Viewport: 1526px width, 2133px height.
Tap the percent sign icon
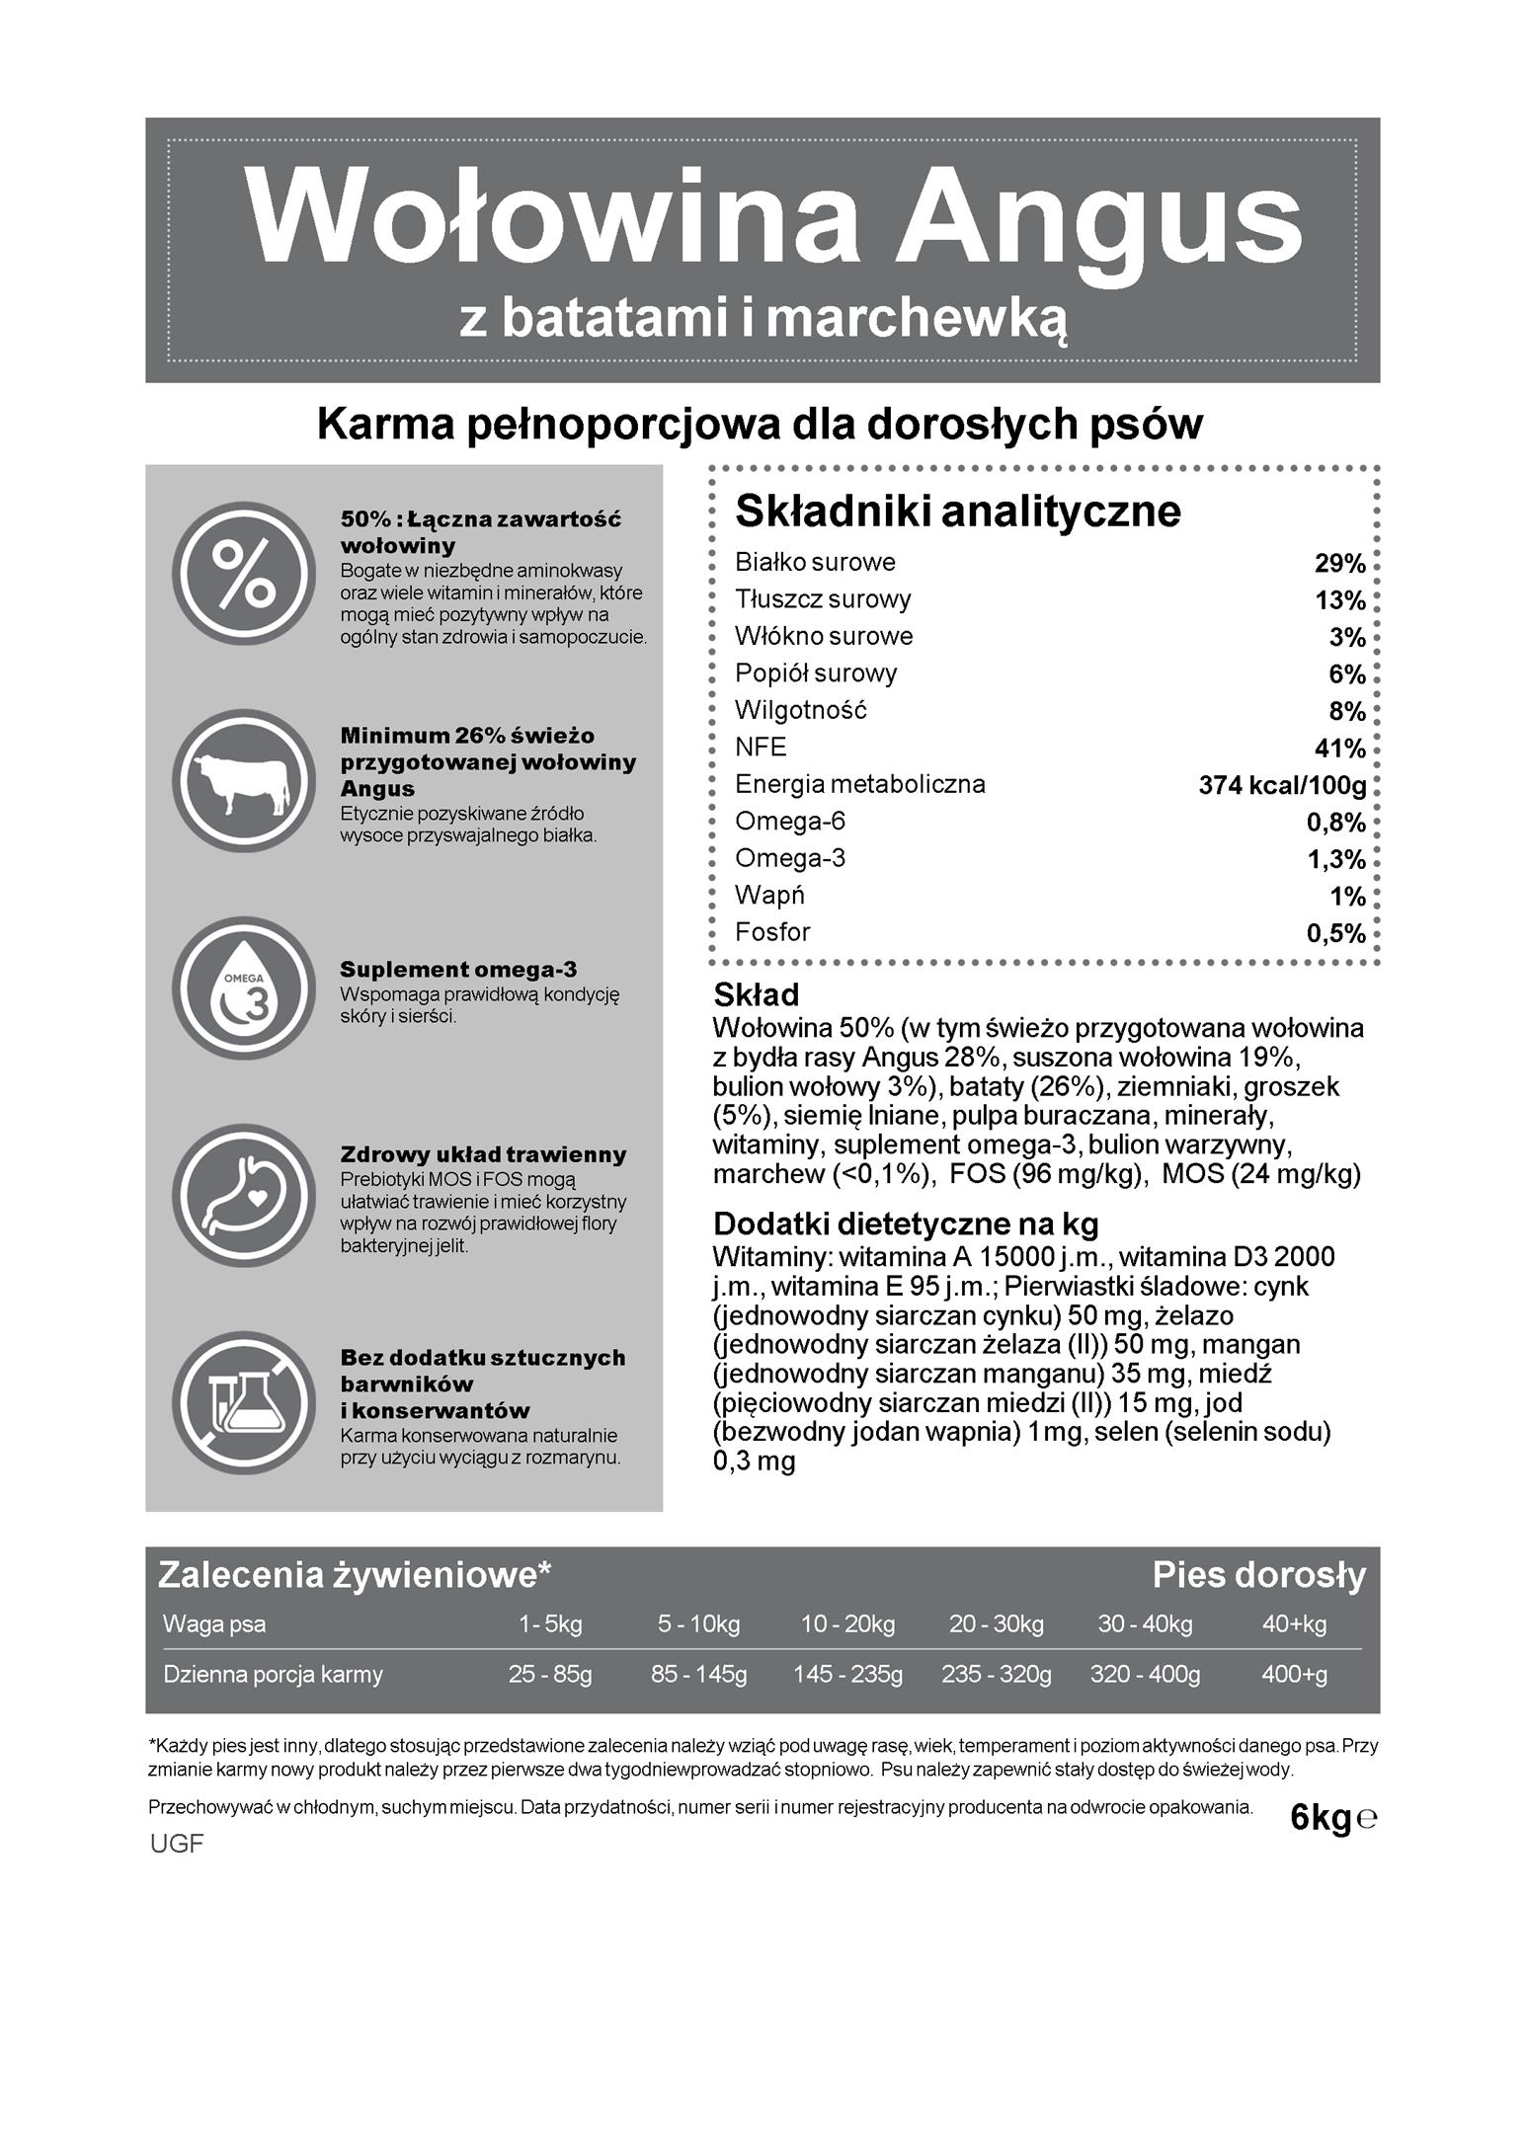point(244,574)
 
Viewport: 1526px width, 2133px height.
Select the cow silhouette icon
point(244,780)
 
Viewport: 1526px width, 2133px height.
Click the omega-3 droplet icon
point(244,988)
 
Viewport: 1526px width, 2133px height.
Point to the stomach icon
point(244,1196)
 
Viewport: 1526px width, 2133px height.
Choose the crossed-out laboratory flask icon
point(244,1403)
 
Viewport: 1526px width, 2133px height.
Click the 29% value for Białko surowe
point(1339,564)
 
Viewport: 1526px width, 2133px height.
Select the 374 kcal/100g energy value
point(1282,786)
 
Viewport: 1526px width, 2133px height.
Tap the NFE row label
point(761,748)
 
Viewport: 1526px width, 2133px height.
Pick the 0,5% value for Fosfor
point(1335,934)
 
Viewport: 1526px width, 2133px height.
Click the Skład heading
point(756,994)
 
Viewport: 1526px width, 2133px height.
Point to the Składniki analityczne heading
point(957,512)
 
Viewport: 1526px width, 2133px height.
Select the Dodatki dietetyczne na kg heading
point(906,1224)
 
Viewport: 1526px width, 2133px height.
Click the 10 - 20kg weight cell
point(847,1624)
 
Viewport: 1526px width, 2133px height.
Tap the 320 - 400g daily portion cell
point(1145,1675)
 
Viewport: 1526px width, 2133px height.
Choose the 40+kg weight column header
point(1294,1624)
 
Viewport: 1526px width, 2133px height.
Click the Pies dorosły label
point(1258,1576)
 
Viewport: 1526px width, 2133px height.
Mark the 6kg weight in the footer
point(1321,1818)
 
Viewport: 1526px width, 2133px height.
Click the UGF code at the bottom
point(177,1844)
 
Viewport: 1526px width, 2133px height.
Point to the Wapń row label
point(769,896)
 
